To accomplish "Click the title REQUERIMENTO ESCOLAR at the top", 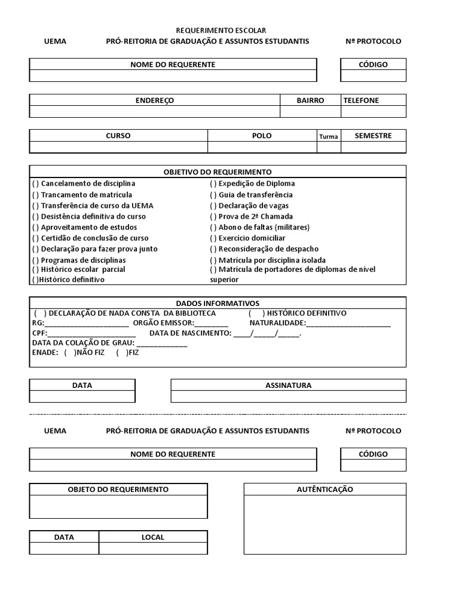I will [x=221, y=30].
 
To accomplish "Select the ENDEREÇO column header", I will [x=154, y=100].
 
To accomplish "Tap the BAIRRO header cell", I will [x=310, y=100].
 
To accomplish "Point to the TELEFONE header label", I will [x=361, y=100].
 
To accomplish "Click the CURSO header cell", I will [x=118, y=136].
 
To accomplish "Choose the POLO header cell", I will [x=262, y=136].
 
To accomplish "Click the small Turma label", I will [x=328, y=136].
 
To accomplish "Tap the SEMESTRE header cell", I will [x=373, y=136].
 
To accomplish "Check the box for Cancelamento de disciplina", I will [x=35, y=183].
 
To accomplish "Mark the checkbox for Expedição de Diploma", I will [x=213, y=183].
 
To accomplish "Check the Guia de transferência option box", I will [x=213, y=195].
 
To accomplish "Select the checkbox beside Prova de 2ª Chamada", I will [x=213, y=216].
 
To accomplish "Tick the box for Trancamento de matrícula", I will [x=35, y=195].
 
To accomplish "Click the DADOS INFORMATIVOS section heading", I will [x=218, y=303].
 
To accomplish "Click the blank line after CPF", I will [x=95, y=333].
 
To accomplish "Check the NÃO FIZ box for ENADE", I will [x=70, y=353].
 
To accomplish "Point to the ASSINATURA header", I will [x=288, y=385].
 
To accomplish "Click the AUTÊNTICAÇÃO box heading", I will [x=325, y=489].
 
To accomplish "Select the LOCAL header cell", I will [x=152, y=537].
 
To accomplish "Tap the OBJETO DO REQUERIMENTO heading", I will [x=118, y=489].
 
